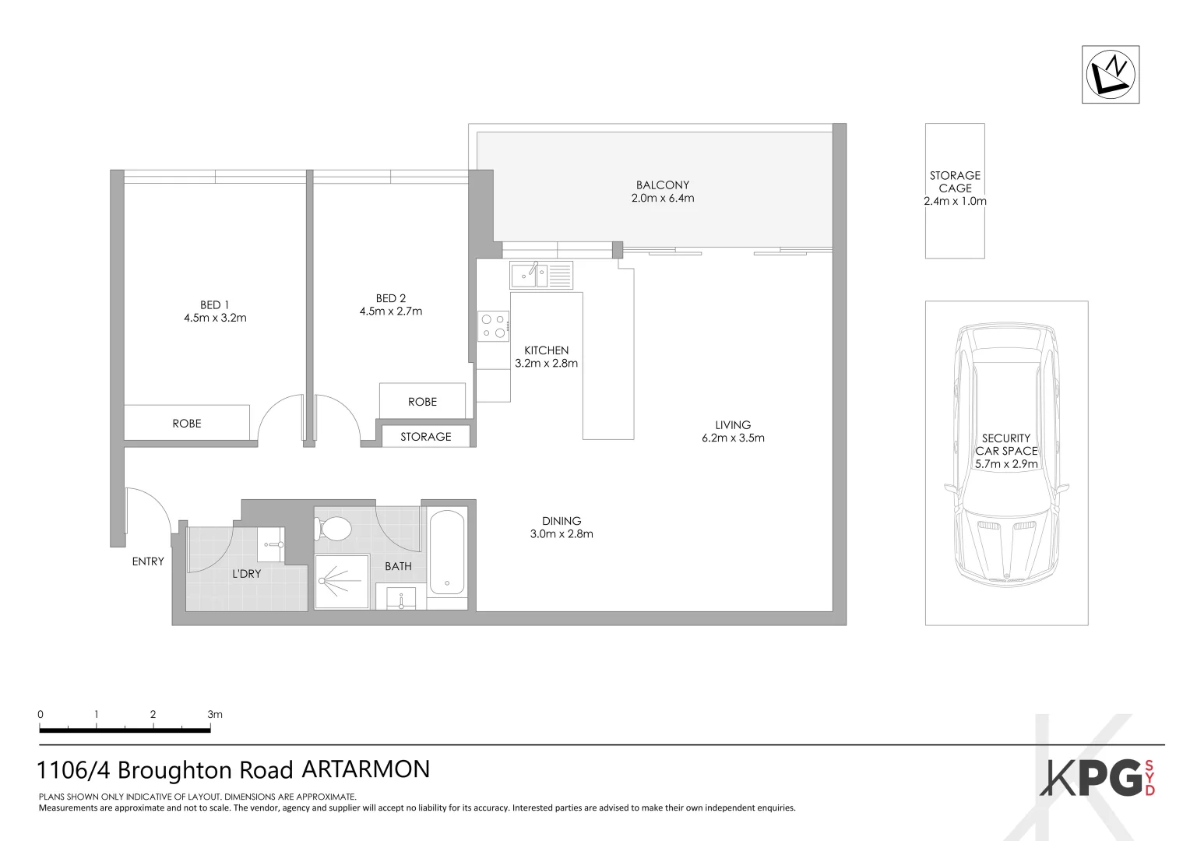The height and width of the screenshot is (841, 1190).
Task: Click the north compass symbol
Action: [1110, 75]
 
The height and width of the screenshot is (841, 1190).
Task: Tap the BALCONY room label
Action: [662, 185]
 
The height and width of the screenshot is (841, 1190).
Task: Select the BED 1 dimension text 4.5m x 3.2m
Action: [215, 318]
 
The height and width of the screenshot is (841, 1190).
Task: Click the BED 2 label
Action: [391, 298]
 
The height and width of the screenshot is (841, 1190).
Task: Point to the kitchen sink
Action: [524, 276]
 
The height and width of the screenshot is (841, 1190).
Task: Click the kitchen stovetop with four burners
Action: [493, 326]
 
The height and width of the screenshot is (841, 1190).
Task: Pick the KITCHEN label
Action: [546, 350]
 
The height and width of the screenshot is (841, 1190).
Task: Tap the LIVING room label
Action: [733, 425]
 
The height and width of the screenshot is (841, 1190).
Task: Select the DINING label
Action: [562, 521]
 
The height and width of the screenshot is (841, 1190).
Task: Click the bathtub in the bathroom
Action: [447, 551]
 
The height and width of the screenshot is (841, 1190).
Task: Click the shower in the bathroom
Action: [341, 581]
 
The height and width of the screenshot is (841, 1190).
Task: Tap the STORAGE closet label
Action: [426, 437]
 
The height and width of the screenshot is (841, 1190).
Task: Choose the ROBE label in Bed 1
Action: [187, 424]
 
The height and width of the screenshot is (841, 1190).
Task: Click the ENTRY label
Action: [148, 561]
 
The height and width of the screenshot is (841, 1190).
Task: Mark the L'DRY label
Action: [247, 574]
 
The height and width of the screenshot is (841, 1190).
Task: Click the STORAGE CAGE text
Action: [955, 181]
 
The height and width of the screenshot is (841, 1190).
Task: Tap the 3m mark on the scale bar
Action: [214, 715]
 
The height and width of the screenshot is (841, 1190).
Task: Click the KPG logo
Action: [1098, 778]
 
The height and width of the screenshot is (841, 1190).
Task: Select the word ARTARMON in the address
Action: [365, 769]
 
